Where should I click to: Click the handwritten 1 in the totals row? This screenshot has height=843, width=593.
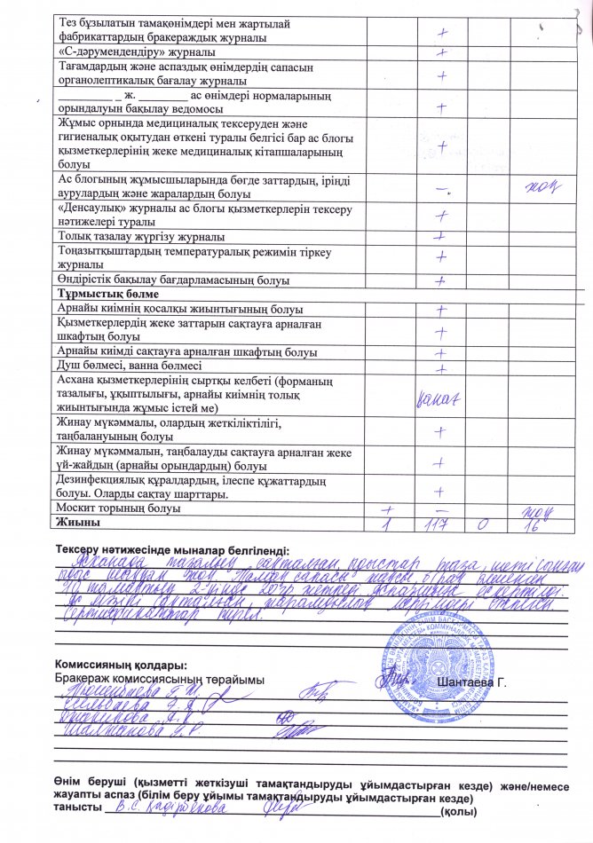tap(386, 526)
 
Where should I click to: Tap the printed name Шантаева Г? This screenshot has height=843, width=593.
tap(470, 681)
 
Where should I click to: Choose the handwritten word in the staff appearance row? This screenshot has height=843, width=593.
tap(439, 401)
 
